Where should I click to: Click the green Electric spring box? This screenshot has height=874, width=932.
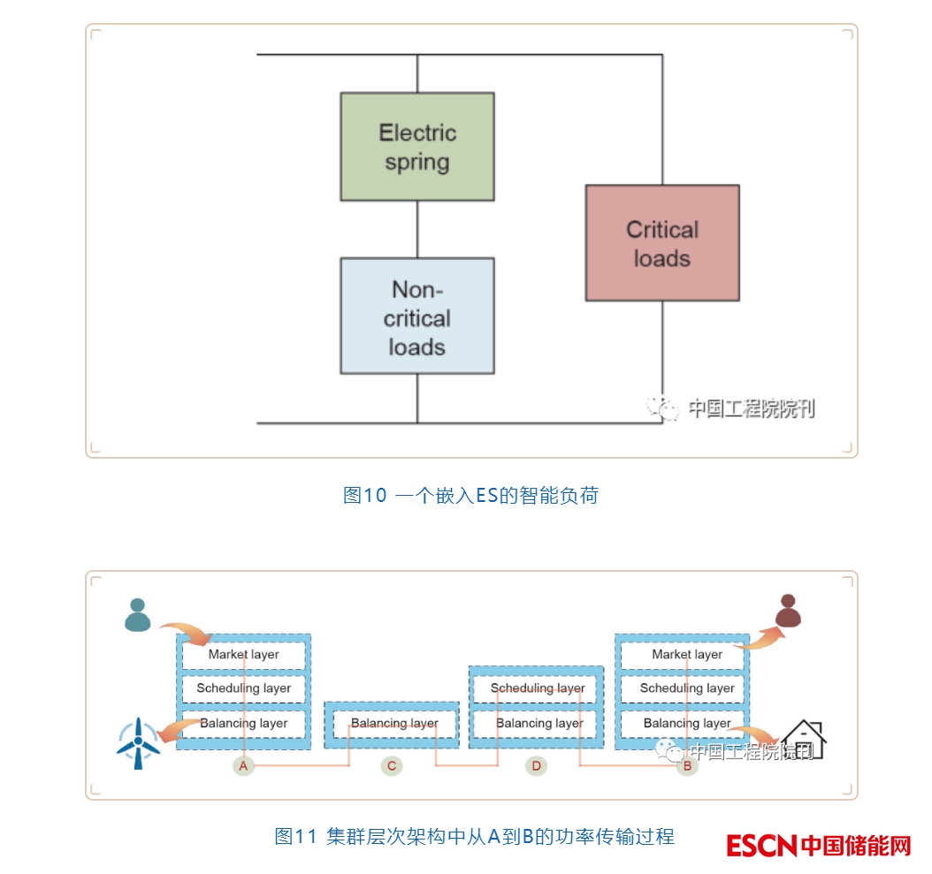(417, 147)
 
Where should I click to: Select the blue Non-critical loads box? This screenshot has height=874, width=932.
(417, 316)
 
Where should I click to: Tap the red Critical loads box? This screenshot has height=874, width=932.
(662, 243)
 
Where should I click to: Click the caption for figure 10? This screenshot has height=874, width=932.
(470, 496)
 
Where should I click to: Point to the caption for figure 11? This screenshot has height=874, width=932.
(474, 836)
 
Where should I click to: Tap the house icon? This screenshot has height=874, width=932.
(804, 740)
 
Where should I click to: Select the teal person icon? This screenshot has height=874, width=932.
(137, 615)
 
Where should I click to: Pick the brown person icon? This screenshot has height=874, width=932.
(787, 611)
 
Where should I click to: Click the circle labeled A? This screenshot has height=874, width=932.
(243, 765)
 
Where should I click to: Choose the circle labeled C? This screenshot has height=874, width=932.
(392, 765)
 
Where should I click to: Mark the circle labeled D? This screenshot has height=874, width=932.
(536, 765)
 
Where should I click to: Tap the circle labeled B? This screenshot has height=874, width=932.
(687, 765)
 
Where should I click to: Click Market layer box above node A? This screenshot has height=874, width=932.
(243, 655)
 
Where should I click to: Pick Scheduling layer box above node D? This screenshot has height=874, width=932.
(538, 688)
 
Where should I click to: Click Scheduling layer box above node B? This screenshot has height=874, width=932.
(687, 688)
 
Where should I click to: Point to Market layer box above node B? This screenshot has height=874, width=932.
(687, 655)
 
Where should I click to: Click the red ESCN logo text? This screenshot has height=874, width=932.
(762, 847)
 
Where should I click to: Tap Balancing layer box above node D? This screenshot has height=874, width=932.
(539, 724)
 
